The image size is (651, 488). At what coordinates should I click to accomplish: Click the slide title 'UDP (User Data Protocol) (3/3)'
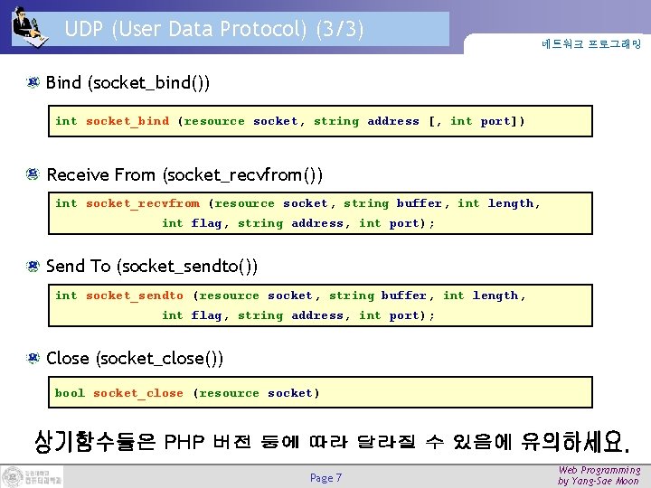coord(214,30)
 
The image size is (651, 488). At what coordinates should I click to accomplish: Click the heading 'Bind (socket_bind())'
coord(128,83)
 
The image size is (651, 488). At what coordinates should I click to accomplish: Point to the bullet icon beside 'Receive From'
coord(32,174)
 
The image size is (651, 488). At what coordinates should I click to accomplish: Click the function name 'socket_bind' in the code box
coord(127,121)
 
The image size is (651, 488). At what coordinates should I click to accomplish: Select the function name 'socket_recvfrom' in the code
coord(143,203)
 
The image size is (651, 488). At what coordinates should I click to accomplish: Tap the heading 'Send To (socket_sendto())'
coord(152,266)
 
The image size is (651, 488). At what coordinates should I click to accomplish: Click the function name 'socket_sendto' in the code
coord(135,296)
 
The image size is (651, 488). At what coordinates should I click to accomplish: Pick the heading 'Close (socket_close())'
coord(135,358)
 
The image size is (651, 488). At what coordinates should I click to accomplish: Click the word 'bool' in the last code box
coord(70,393)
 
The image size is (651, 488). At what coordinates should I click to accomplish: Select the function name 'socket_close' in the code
coord(138,393)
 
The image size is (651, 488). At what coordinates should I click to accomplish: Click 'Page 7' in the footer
coord(325,478)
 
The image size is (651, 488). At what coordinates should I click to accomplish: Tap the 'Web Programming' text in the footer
coord(599,470)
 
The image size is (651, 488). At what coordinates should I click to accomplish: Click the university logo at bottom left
coord(33,476)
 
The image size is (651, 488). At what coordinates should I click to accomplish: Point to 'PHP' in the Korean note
coord(184,442)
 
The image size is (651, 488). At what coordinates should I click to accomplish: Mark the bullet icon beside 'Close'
coord(32,358)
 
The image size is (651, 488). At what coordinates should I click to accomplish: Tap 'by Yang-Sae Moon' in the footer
coord(599,482)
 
